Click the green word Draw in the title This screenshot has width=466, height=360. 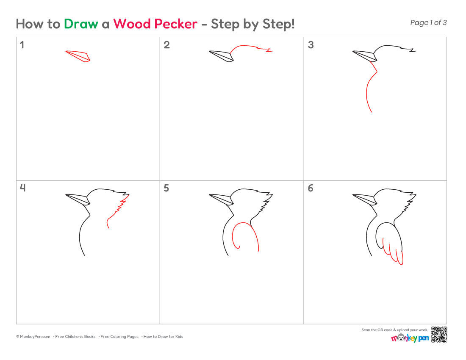tap(81, 24)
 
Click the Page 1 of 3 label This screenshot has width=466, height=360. tap(428, 22)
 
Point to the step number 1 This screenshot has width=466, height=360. tap(22, 45)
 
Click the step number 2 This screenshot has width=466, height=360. tap(167, 45)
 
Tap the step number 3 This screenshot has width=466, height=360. tap(311, 45)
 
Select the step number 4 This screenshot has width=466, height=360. tap(22, 188)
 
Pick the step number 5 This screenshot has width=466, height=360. tap(166, 188)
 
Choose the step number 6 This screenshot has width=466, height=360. tap(311, 188)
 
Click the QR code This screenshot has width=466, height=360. tap(439, 335)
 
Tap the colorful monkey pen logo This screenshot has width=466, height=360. tap(410, 338)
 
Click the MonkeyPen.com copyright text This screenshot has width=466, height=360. tap(33, 337)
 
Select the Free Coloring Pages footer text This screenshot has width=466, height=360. tap(119, 337)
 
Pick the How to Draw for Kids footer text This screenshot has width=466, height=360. tap(163, 337)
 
